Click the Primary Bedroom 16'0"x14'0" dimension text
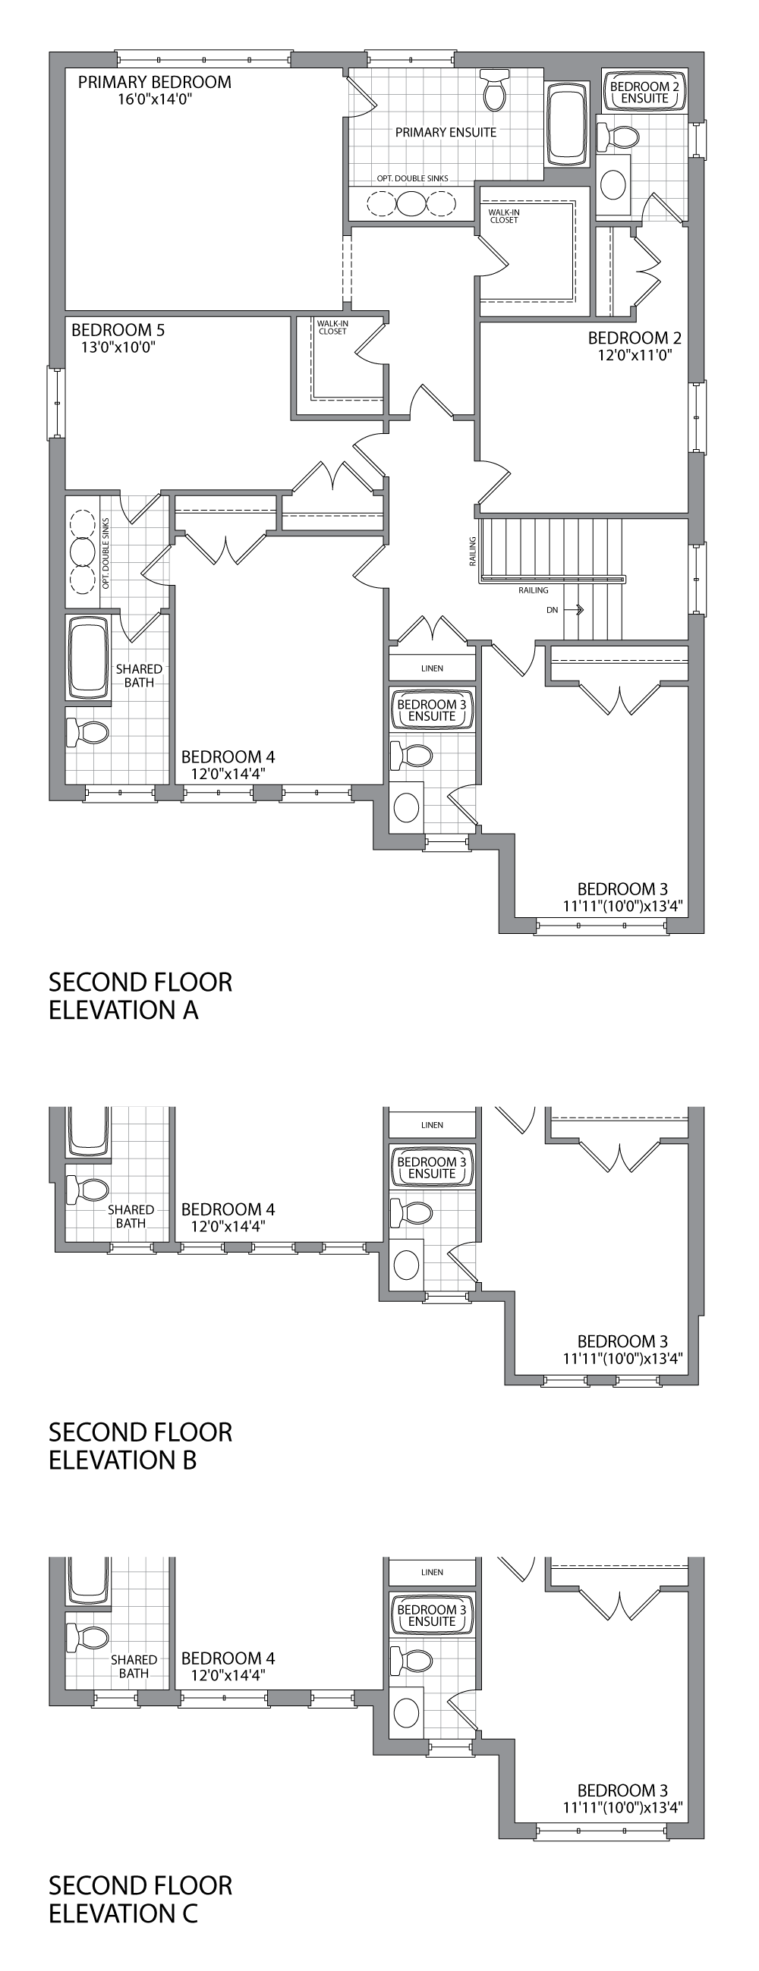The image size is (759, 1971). [x=154, y=99]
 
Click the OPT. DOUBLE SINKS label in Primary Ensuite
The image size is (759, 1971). [x=412, y=178]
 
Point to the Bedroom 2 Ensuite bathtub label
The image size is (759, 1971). [x=644, y=92]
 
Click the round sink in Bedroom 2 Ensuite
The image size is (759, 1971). [x=613, y=183]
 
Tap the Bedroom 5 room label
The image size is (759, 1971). [x=118, y=330]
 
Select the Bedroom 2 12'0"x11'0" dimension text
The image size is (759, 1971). [x=635, y=355]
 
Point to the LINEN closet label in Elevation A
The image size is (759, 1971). [x=433, y=668]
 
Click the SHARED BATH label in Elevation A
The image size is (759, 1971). [x=139, y=676]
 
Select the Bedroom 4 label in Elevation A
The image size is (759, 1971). [x=228, y=756]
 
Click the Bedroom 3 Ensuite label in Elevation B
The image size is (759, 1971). [x=432, y=1168]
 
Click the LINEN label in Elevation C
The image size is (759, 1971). [x=433, y=1573]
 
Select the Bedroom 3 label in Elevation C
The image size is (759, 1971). [x=622, y=1790]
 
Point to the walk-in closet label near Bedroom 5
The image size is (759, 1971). [x=332, y=328]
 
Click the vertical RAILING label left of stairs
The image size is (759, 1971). [x=473, y=551]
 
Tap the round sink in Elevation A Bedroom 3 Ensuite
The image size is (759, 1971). [x=405, y=807]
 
